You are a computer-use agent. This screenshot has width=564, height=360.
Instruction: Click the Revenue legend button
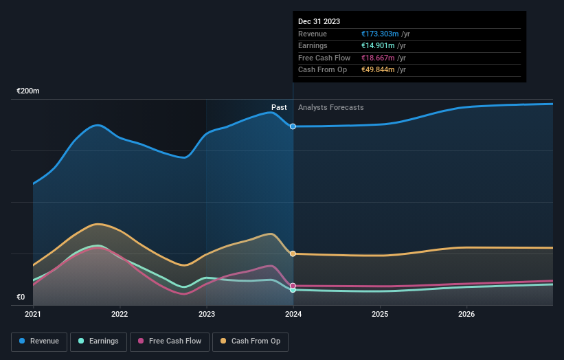40,341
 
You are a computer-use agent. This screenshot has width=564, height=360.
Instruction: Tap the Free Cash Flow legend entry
169,341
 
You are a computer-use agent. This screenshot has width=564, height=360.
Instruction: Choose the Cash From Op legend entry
251,341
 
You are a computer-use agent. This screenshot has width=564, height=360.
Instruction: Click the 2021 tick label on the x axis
33,315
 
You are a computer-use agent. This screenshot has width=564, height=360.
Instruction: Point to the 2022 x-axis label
120,315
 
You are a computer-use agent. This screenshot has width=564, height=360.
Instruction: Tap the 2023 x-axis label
207,315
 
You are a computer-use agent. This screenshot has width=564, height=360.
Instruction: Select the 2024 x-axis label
293,315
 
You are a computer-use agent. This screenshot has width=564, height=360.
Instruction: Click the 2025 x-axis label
380,315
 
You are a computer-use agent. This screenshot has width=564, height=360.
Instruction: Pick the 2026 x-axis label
466,315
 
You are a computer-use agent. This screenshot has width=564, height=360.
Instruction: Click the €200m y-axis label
28,91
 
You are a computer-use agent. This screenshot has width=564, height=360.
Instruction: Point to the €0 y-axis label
21,297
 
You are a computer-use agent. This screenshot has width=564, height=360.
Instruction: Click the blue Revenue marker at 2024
293,126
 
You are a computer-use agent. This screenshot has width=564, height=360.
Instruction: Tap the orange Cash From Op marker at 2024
293,254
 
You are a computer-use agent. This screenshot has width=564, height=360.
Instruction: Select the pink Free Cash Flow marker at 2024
293,286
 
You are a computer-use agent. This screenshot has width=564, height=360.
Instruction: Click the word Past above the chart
279,107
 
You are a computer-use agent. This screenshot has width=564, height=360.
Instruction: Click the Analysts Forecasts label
331,107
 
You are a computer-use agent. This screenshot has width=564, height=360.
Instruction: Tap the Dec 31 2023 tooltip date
319,22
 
